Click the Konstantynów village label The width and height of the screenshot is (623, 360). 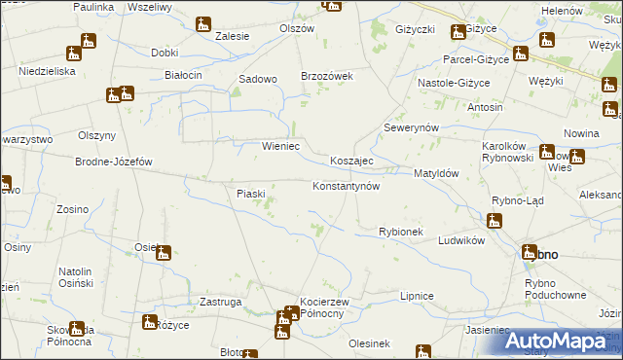[345, 185]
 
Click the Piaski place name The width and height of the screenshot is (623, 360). [251, 194]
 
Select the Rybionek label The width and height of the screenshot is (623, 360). [400, 232]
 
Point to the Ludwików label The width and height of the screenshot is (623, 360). [461, 239]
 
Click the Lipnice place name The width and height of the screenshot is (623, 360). [417, 294]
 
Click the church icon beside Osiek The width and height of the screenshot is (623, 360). [164, 254]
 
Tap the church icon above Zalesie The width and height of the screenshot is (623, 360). [203, 23]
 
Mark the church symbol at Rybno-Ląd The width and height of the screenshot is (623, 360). [496, 222]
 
